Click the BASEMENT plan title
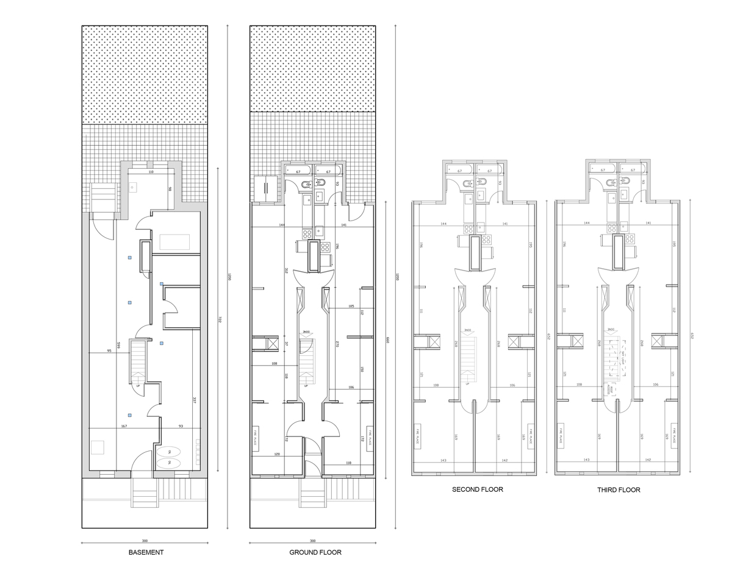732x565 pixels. [x=146, y=553]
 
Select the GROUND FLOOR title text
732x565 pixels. [x=315, y=553]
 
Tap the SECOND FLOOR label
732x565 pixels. [x=478, y=489]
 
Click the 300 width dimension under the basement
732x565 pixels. [x=145, y=541]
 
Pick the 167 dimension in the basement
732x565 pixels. [x=124, y=425]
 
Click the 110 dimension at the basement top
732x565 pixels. [x=151, y=172]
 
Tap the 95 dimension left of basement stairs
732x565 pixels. [x=109, y=350]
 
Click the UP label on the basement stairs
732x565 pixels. [x=138, y=386]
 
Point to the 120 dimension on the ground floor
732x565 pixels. [x=277, y=455]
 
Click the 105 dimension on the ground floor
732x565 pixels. [x=351, y=305]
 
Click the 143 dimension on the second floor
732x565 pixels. [x=443, y=460]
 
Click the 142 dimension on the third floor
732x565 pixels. [x=648, y=460]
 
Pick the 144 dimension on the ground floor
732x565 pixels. [x=282, y=225]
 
